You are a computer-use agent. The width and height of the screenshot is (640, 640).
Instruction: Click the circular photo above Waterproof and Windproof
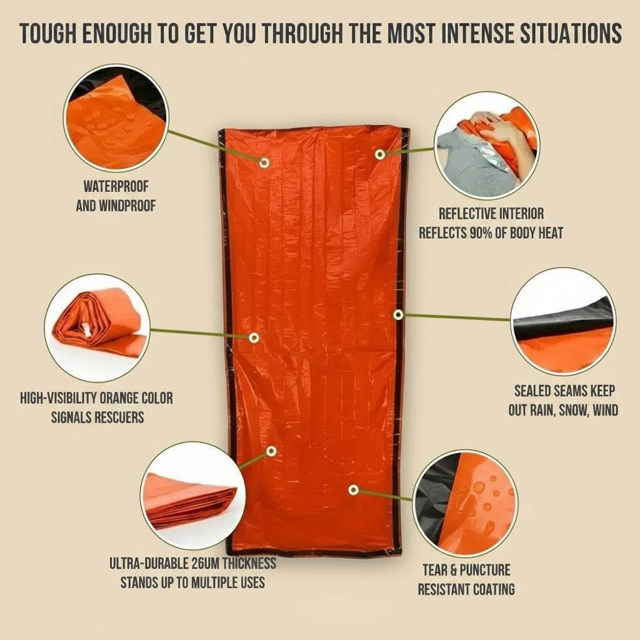pyautogui.click(x=116, y=118)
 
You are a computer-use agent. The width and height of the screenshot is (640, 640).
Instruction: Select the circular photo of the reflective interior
pyautogui.click(x=487, y=145)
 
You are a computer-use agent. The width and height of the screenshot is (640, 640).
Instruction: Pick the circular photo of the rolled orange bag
pyautogui.click(x=97, y=327)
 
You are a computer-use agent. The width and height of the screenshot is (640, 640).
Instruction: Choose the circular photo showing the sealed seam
pyautogui.click(x=563, y=321)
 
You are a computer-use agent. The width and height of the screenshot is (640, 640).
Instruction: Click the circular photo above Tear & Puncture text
pyautogui.click(x=466, y=503)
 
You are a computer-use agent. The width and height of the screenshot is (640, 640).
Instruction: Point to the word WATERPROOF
pyautogui.click(x=116, y=186)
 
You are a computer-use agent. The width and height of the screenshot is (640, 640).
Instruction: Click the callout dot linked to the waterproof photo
pyautogui.click(x=264, y=162)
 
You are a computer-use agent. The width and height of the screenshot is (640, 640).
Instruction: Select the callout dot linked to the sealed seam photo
pyautogui.click(x=398, y=314)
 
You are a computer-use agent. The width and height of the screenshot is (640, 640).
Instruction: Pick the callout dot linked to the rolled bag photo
pyautogui.click(x=254, y=337)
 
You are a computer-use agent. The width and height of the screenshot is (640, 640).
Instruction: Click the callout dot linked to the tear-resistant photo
pyautogui.click(x=353, y=490)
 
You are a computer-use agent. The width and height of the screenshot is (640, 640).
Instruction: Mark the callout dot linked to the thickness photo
pyautogui.click(x=271, y=451)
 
